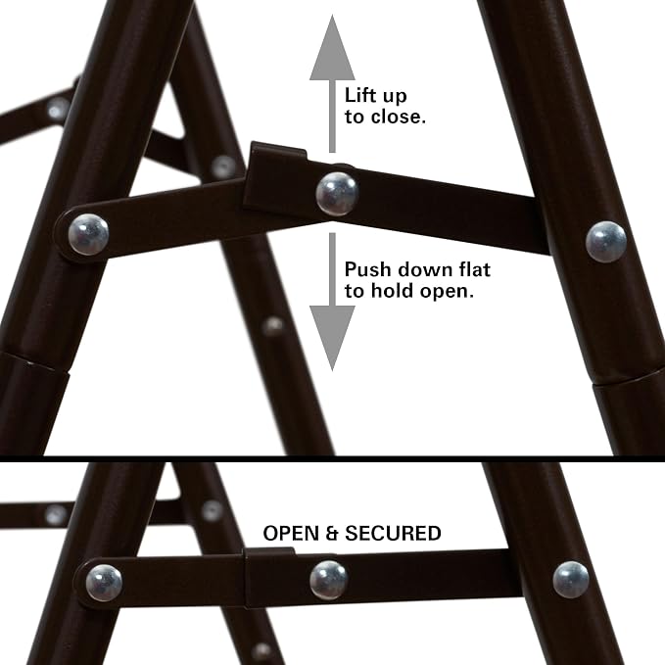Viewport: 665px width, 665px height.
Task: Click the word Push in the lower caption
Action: pos(368,269)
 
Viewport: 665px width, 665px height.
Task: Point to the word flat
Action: pos(473,269)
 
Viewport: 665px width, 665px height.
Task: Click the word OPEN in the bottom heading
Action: pos(291,533)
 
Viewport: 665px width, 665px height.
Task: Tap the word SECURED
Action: pos(393,533)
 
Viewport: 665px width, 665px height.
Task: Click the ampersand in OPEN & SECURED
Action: pos(332,533)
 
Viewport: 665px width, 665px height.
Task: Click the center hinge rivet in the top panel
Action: pos(337,194)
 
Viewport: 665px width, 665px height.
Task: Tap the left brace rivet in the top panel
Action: pos(88,234)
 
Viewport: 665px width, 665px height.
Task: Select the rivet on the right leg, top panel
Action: pos(606,241)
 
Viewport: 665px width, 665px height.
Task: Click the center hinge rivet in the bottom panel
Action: pos(329,580)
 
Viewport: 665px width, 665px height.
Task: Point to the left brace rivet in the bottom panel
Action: pos(104,583)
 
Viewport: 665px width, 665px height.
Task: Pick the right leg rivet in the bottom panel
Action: pos(571,580)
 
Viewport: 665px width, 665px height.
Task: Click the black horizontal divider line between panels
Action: pos(333,458)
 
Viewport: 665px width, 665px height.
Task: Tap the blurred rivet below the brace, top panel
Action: pos(273,326)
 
